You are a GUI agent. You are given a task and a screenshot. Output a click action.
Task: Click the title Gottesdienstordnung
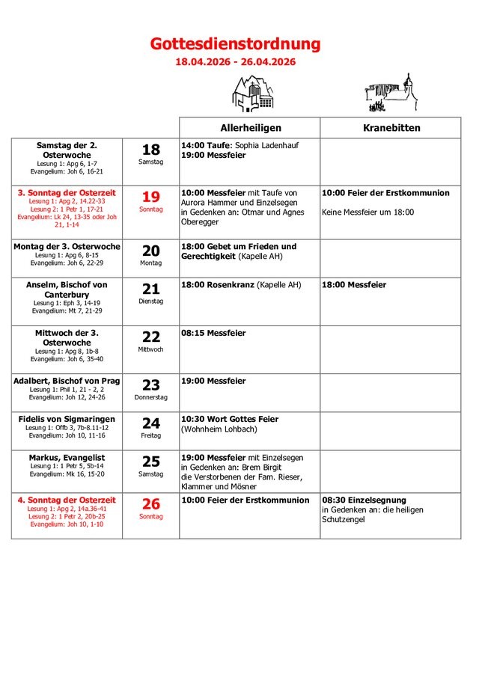coord(235,44)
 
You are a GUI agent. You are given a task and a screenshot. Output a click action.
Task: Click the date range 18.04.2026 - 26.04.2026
coord(235,62)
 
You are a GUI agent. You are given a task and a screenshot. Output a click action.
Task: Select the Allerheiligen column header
coord(250,128)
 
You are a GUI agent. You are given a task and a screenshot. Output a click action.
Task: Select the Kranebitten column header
coord(391,128)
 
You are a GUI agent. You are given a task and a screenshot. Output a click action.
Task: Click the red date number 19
coord(151,197)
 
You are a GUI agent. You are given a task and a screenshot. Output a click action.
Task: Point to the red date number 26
coord(151,504)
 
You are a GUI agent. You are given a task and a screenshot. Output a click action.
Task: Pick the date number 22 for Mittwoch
coord(151,337)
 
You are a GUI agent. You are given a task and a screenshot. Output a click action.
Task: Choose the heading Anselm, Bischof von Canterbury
coord(67,290)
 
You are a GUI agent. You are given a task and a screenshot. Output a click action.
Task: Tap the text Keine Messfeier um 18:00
coord(367,212)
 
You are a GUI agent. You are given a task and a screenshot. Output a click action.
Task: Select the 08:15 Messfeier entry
coord(213,333)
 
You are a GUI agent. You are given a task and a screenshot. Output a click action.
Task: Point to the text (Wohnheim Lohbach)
coord(219,429)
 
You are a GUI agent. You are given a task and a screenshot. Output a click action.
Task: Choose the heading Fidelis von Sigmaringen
coord(67,419)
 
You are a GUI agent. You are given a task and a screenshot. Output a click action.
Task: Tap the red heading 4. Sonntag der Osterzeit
coord(67,500)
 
